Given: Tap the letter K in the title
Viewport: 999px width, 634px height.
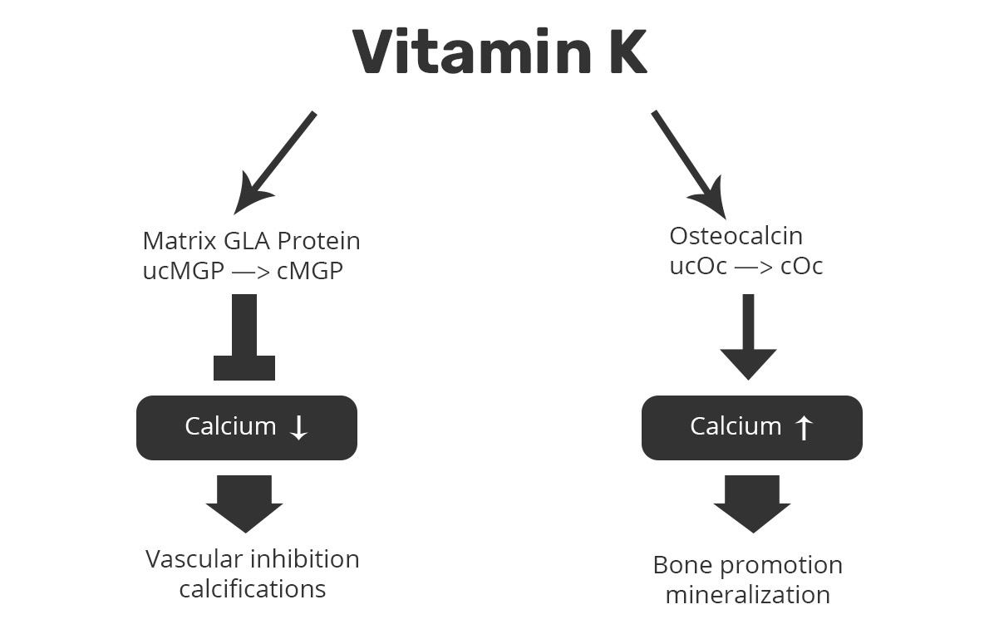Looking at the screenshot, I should pyautogui.click(x=621, y=52).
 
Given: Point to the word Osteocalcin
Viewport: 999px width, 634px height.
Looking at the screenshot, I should pyautogui.click(x=736, y=236).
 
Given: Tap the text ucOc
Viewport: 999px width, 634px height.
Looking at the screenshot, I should pyautogui.click(x=699, y=266).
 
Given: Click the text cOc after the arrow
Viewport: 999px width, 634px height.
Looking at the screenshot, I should pyautogui.click(x=802, y=266).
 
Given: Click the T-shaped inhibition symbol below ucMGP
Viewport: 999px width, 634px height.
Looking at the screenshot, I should pyautogui.click(x=244, y=337).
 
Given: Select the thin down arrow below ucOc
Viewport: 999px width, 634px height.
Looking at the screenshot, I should pyautogui.click(x=748, y=337).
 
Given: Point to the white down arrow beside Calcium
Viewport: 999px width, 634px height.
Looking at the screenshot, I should pyautogui.click(x=298, y=427).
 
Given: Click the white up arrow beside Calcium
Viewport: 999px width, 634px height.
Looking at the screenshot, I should pyautogui.click(x=803, y=427).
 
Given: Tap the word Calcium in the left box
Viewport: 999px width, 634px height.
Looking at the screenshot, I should pyautogui.click(x=230, y=426).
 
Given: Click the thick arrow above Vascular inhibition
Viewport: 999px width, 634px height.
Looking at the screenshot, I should pyautogui.click(x=244, y=504).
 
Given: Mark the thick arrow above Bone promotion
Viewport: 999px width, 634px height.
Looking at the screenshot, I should pyautogui.click(x=751, y=504).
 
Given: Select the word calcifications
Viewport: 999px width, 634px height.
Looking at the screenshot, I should pyautogui.click(x=253, y=589).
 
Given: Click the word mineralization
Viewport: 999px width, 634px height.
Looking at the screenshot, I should pyautogui.click(x=748, y=595).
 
